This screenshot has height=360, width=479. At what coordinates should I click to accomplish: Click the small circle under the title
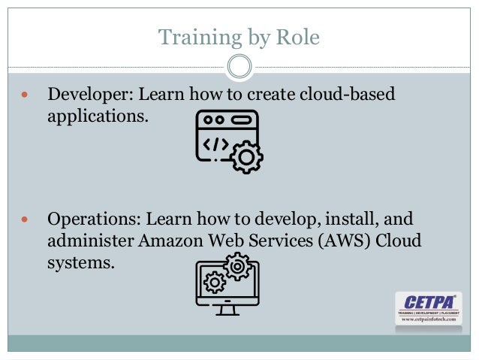tap(239, 67)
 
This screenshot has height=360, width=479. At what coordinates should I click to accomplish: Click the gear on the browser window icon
tap(246, 159)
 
